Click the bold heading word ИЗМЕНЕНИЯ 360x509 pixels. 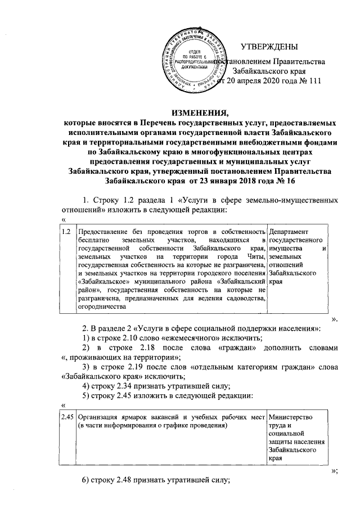(199, 110)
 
